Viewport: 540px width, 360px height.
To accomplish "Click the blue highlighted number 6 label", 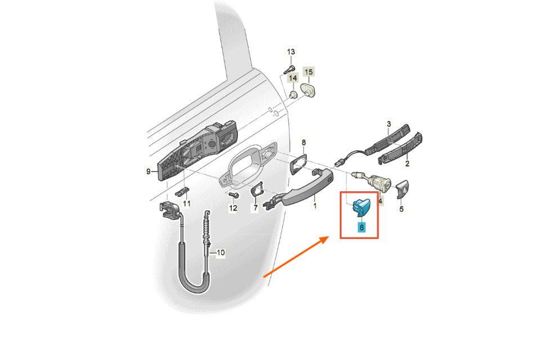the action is point(361,227).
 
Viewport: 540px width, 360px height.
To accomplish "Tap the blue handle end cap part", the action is point(361,206).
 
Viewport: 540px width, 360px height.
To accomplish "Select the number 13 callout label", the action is point(291,52).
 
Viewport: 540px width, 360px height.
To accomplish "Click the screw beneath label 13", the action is point(289,70).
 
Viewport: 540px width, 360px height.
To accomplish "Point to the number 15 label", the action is point(309,72).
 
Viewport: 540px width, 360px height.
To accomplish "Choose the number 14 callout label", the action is point(292,78).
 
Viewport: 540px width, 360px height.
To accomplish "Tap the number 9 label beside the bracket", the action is point(148,171).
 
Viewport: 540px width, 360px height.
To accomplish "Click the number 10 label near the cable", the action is point(220,253).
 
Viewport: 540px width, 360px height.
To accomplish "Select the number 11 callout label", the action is point(186,204).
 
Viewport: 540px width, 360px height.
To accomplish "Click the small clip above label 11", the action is point(182,191).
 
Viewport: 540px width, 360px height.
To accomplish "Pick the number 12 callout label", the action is point(233,208).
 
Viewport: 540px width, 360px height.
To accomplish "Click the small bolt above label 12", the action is point(234,195).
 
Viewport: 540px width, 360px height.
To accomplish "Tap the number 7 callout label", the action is point(255,208).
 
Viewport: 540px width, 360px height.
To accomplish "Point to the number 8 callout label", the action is point(303,142).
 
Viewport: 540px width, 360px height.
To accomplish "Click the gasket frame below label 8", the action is point(298,164).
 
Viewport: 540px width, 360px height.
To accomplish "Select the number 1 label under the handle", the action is point(315,206).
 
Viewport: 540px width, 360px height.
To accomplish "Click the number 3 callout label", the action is point(389,124).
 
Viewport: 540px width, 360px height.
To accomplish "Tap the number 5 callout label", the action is point(401,209).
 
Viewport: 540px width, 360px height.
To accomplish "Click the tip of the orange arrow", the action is point(329,237).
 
